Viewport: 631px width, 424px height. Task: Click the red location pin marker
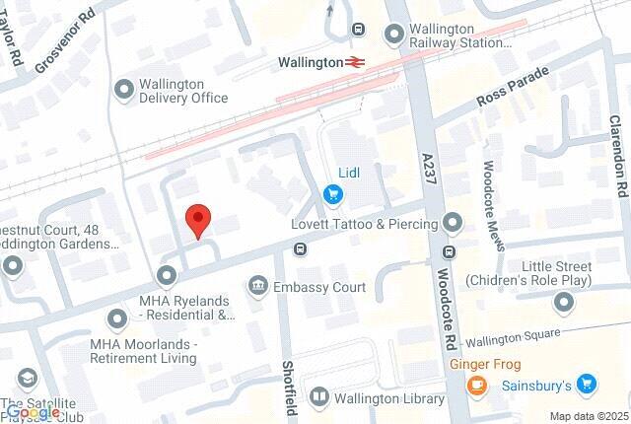coord(198,220)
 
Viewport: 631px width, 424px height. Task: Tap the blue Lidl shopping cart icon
coord(334,192)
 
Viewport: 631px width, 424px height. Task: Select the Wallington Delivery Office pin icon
coord(124,91)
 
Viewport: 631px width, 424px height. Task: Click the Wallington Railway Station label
coord(459,36)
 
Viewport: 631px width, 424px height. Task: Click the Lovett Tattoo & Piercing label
coord(364,224)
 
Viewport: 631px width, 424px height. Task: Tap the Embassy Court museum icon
coord(257,286)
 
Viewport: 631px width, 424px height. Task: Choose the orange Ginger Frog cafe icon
coord(476,385)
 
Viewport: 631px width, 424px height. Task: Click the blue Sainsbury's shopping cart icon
coord(588,383)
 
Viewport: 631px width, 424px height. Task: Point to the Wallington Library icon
coord(318,398)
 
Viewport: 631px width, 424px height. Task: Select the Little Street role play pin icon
coord(563,301)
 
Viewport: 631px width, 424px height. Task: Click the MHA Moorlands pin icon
coord(117,318)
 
